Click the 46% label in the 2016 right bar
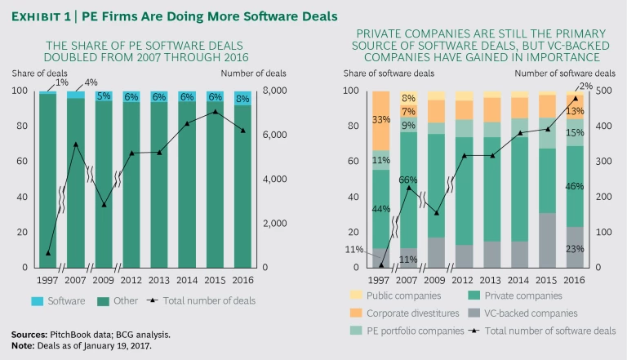576,187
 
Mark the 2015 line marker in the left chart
215,112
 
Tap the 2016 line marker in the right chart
576,98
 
